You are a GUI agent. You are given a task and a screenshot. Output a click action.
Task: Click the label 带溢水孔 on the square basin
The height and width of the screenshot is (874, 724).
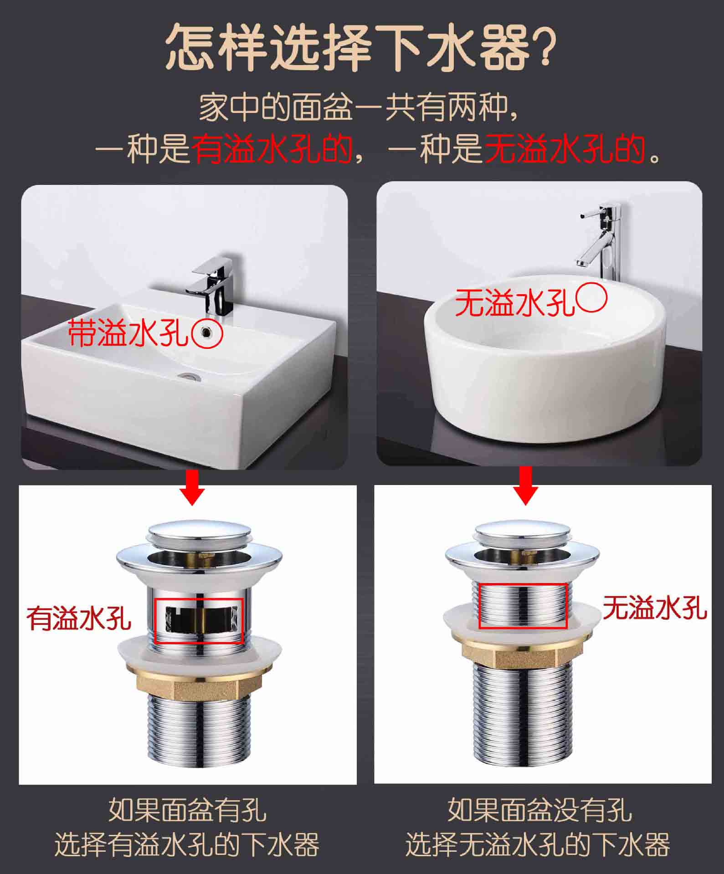point(128,332)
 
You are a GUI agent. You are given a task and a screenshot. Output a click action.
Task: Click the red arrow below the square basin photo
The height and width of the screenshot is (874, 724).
point(192,486)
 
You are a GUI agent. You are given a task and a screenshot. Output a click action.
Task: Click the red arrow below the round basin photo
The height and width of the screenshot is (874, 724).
point(526,486)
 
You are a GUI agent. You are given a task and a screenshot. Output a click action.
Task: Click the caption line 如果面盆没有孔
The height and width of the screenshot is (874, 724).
point(539,808)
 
